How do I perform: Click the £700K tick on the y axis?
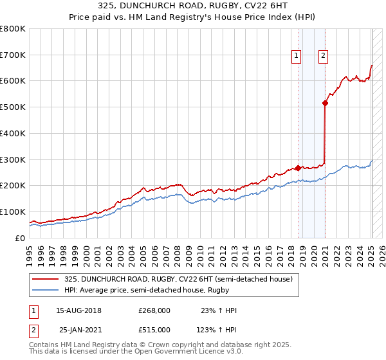pyautogui.click(x=12, y=55)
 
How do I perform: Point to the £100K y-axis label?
pyautogui.click(x=12, y=212)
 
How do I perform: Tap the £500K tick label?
pyautogui.click(x=12, y=107)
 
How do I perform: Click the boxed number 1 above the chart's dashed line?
pyautogui.click(x=297, y=56)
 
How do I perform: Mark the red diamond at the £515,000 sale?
pyautogui.click(x=326, y=103)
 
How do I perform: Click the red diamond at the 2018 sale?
pyautogui.click(x=298, y=168)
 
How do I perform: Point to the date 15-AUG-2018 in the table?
pyautogui.click(x=78, y=310)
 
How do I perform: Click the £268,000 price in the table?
pyautogui.click(x=154, y=310)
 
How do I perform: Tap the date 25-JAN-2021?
pyautogui.click(x=78, y=329)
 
